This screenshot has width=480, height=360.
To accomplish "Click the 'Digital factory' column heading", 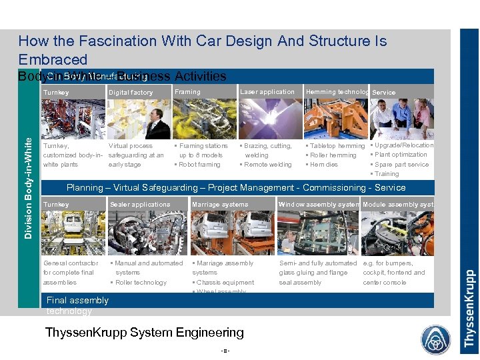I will click(131, 93).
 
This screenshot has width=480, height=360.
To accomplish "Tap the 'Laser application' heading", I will click(267, 92).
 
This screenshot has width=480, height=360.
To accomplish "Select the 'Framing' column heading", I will click(187, 92).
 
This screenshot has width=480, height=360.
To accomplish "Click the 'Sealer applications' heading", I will click(140, 205).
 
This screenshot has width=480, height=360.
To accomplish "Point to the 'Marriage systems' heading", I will click(220, 205).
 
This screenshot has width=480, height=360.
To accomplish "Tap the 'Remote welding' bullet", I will click(267, 165).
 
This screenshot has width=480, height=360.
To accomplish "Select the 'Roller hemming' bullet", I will click(333, 155).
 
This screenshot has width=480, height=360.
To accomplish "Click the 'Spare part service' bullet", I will click(401, 165).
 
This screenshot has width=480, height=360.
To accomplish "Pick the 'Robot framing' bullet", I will click(198, 165).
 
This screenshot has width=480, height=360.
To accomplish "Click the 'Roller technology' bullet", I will click(141, 283).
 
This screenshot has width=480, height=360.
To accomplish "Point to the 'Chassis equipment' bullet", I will click(225, 283).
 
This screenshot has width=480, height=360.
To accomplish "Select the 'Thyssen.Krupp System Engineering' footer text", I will click(144, 332).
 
